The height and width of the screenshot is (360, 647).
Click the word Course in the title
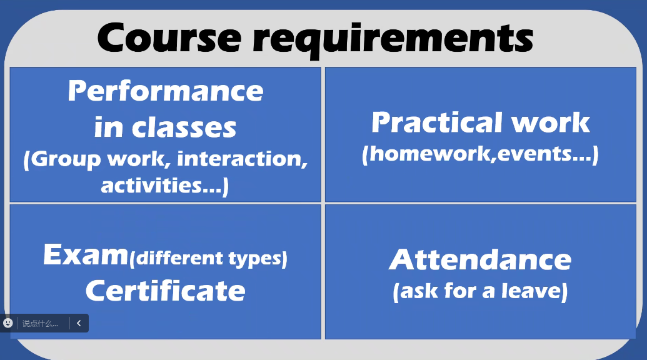169,37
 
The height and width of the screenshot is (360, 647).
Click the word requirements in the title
393,40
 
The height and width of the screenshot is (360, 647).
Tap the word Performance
166,91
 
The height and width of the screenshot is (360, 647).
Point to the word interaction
242,159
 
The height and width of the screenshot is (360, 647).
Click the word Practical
437,122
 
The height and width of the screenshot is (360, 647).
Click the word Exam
86,254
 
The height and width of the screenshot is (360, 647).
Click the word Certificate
166,291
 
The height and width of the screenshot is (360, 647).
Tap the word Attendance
480,259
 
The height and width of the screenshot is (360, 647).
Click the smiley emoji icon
8,323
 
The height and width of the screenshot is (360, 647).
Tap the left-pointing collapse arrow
79,323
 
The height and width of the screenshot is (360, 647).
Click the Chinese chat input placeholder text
40,324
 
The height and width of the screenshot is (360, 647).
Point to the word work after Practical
551,122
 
